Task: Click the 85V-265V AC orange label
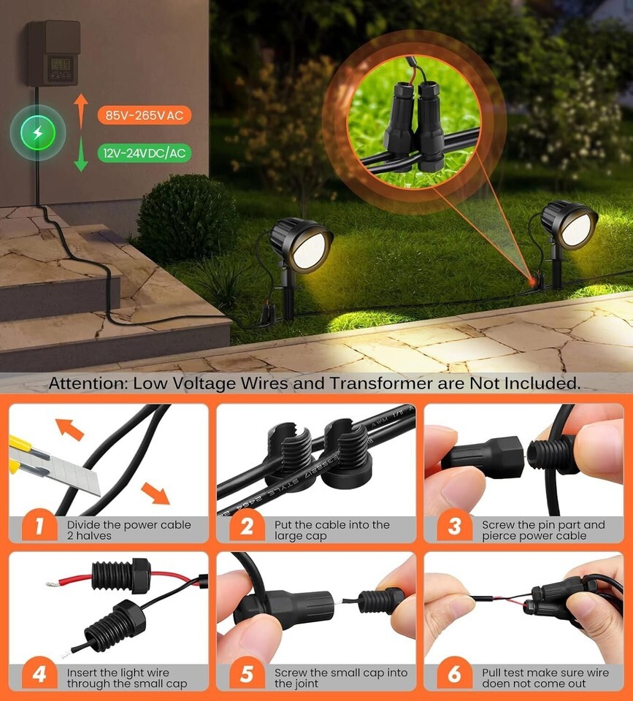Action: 145,115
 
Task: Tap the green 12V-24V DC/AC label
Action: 145,153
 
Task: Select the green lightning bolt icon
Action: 38,133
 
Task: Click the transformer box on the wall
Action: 54,53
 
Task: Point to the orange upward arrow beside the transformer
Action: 81,111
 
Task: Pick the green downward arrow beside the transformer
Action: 81,154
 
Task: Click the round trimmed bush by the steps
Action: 186,218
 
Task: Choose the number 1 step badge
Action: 39,526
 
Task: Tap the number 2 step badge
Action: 247,526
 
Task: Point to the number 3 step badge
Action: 454,526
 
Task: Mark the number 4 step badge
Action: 39,674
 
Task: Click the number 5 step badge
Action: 247,674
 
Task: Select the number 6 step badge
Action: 454,674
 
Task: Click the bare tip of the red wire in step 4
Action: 51,584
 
